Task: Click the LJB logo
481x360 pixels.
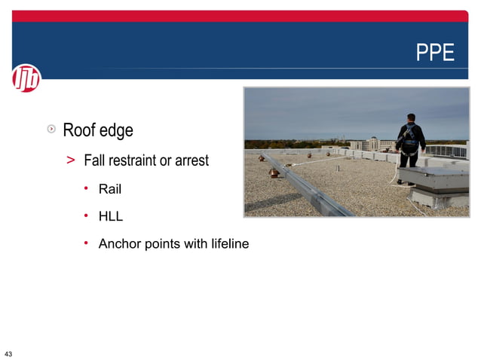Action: (26, 78)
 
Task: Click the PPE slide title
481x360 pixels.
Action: (436, 53)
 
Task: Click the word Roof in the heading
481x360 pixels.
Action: (78, 130)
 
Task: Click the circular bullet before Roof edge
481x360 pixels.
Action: (51, 130)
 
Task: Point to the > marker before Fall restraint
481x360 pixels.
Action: (70, 160)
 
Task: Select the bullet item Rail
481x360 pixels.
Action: (110, 188)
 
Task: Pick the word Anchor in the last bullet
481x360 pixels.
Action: (118, 244)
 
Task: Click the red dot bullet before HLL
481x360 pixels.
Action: (87, 215)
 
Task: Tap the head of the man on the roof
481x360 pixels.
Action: (410, 117)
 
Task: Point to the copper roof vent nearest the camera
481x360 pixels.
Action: (274, 172)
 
